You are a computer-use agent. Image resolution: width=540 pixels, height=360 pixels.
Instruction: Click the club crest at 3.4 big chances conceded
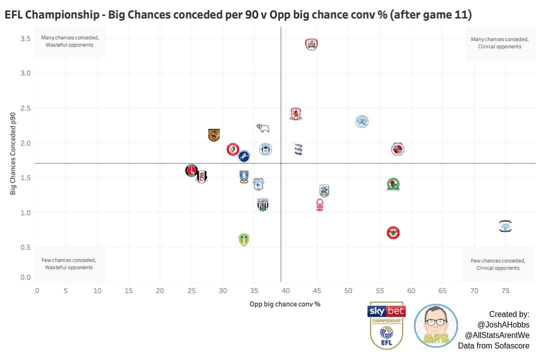(311, 44)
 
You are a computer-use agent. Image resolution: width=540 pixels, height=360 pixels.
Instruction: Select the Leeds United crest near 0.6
(243, 239)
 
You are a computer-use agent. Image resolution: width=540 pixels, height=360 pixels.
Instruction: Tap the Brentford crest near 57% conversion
(393, 232)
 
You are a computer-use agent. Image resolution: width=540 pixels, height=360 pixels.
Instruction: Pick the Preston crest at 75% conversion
(505, 226)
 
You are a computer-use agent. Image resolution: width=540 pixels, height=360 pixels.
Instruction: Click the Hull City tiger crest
(214, 135)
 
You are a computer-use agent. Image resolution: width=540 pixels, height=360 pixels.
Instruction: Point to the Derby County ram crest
(263, 128)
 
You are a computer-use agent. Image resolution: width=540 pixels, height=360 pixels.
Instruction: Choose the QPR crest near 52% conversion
(362, 121)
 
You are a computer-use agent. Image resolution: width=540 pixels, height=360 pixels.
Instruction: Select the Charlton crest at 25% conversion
(191, 170)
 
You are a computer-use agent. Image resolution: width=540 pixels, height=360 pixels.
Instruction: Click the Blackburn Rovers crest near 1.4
(393, 184)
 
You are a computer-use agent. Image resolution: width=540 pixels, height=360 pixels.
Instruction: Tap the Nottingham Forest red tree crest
(320, 205)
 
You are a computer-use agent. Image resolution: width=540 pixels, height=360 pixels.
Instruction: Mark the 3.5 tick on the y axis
(25, 38)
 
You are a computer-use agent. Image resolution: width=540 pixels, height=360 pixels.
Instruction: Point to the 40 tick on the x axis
(286, 290)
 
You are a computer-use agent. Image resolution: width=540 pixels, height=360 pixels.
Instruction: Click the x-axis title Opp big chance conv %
(285, 303)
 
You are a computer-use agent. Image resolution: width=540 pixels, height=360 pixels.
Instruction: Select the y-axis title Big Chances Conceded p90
(14, 153)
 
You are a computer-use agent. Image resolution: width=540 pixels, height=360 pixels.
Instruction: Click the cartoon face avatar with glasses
(435, 325)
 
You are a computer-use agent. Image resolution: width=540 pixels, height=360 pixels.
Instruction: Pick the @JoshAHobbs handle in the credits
(503, 325)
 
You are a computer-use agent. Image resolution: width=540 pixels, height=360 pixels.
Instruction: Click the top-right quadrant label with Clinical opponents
(499, 43)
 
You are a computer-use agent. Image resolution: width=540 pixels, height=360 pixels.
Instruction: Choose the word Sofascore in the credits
(511, 346)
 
